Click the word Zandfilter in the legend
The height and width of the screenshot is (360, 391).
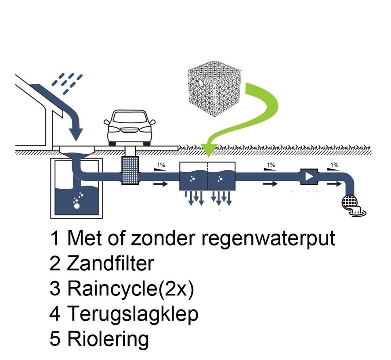110,263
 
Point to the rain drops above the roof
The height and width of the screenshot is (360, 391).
67,82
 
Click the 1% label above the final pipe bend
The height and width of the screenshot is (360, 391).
334,165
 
